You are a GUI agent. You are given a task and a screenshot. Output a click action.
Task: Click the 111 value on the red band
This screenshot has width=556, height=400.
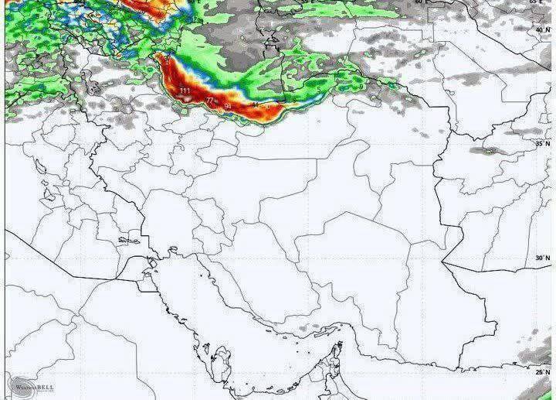tap(184, 91)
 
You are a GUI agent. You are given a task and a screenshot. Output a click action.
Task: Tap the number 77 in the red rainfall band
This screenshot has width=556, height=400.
tap(210, 101)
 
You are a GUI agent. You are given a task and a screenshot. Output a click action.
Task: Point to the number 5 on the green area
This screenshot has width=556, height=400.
tap(318, 90)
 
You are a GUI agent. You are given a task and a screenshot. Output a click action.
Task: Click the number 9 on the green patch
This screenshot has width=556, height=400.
tap(361, 87)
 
